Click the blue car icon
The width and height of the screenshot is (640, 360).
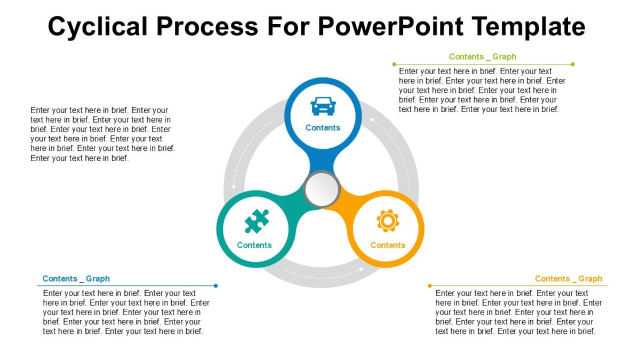pyautogui.click(x=323, y=106)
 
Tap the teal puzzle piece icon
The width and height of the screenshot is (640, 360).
pyautogui.click(x=257, y=221)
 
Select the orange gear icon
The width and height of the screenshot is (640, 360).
pyautogui.click(x=388, y=220)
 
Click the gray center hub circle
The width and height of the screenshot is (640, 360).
pyautogui.click(x=322, y=189)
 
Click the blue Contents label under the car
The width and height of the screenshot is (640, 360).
pyautogui.click(x=323, y=128)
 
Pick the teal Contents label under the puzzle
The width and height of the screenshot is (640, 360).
pyautogui.click(x=254, y=245)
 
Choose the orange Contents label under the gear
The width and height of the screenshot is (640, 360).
pyautogui.click(x=388, y=245)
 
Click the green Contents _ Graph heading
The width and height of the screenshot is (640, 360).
pyautogui.click(x=482, y=57)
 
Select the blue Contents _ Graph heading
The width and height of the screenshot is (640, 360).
pyautogui.click(x=76, y=279)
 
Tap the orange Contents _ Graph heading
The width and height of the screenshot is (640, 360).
pyautogui.click(x=569, y=279)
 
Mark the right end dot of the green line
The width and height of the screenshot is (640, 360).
pyautogui.click(x=573, y=65)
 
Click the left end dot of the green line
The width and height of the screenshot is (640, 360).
pyautogui.click(x=394, y=65)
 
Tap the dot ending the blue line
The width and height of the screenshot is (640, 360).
pyautogui.click(x=215, y=286)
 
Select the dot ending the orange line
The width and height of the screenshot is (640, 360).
pyautogui.click(x=430, y=286)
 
